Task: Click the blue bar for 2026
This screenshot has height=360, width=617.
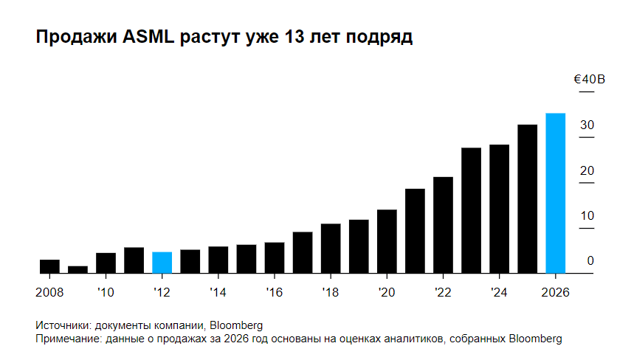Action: [x=555, y=193]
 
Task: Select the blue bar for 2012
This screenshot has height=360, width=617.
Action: [x=162, y=263]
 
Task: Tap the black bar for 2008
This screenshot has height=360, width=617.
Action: [x=49, y=266]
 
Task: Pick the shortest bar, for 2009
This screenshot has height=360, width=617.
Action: [x=77, y=269]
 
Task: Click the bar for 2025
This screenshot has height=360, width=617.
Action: [x=527, y=199]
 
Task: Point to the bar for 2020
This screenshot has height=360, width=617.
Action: [x=387, y=241]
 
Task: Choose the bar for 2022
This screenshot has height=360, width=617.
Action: [x=443, y=225]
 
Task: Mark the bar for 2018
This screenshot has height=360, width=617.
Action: [x=331, y=248]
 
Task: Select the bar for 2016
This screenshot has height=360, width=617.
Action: [x=275, y=257]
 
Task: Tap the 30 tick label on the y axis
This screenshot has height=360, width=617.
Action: [x=587, y=125]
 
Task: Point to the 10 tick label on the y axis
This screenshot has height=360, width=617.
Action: [x=587, y=215]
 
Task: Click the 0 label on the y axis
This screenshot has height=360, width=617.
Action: [x=590, y=260]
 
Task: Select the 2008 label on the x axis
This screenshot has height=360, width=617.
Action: [x=49, y=292]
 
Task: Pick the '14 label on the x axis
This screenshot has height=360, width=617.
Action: [x=218, y=292]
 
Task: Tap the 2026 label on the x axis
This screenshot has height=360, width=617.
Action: [x=554, y=292]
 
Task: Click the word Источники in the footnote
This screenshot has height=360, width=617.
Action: [x=63, y=325]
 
